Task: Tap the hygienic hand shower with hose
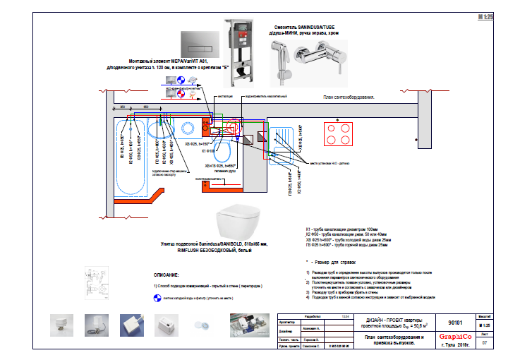[279, 54]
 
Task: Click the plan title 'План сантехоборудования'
[349, 97]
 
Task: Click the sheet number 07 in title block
[484, 342]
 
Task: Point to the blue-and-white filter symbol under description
[157, 297]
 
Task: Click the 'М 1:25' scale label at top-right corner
[484, 16]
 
